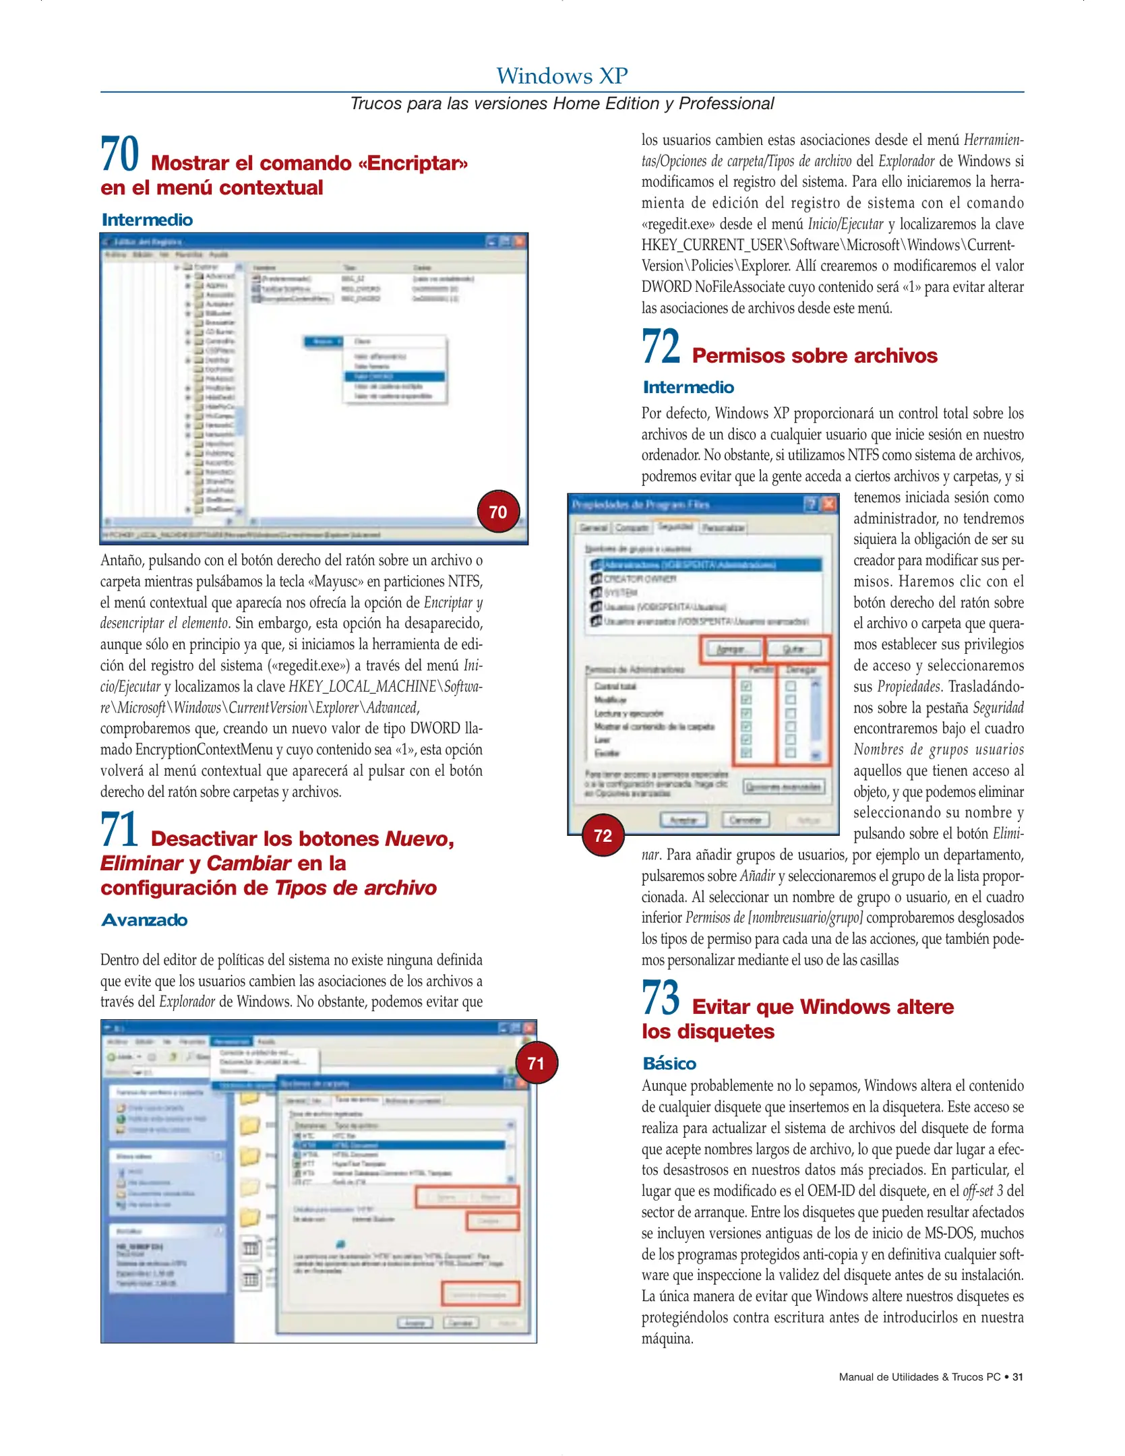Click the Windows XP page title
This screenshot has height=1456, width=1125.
(562, 75)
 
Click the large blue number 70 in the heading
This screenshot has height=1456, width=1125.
(120, 154)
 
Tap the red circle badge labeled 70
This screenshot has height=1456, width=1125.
(498, 512)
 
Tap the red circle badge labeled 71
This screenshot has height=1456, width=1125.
(536, 1063)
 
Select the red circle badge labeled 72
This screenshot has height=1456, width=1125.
(603, 836)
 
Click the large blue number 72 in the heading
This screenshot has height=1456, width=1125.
(661, 347)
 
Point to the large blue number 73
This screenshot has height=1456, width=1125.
(661, 998)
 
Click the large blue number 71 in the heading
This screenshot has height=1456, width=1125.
(119, 830)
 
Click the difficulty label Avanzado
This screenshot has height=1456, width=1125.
(144, 920)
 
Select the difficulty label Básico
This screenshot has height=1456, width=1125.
(669, 1064)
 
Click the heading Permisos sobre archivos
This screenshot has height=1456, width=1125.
(814, 355)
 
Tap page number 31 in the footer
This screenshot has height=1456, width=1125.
(1018, 1377)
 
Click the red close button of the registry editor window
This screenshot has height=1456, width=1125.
(520, 241)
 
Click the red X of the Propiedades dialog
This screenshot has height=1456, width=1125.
(829, 504)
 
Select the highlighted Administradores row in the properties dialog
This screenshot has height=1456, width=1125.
(705, 565)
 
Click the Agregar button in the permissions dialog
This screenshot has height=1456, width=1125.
(731, 649)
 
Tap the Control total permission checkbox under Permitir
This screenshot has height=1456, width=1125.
(746, 686)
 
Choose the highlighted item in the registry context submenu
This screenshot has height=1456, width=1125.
(394, 376)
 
